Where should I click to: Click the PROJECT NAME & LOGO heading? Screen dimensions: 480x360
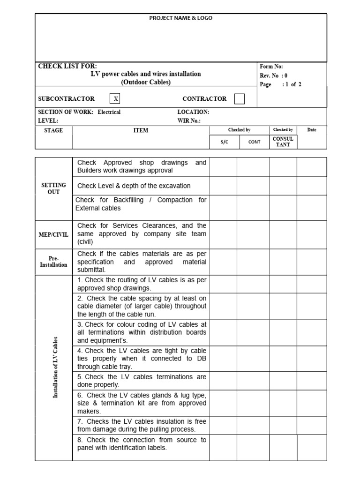coord(180,18)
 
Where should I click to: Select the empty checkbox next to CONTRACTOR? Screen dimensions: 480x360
coord(239,99)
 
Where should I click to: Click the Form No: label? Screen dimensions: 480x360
coord(271,67)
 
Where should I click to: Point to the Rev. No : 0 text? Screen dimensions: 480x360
coord(274,75)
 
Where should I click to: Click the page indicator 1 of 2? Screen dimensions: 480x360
coord(292,85)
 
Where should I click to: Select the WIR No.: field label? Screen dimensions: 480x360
coord(189,120)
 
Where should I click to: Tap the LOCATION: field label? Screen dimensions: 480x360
coord(193,112)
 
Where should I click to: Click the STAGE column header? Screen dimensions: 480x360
coord(53,130)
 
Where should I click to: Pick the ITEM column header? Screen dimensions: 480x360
coord(141,130)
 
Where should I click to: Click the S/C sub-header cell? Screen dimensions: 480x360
coord(224,142)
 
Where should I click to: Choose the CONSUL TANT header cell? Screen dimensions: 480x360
coord(283,142)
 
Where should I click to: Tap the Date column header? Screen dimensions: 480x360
coord(312,130)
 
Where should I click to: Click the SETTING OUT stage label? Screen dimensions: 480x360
coord(53,188)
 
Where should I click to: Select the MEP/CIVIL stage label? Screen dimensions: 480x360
coord(53,234)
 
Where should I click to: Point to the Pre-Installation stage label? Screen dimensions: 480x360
coord(53,262)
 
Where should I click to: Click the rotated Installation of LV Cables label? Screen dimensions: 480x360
coord(55,367)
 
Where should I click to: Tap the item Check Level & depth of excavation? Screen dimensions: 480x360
coord(134,186)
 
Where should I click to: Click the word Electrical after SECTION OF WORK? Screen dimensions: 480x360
coord(109,112)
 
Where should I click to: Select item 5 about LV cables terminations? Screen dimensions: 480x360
coord(142,381)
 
